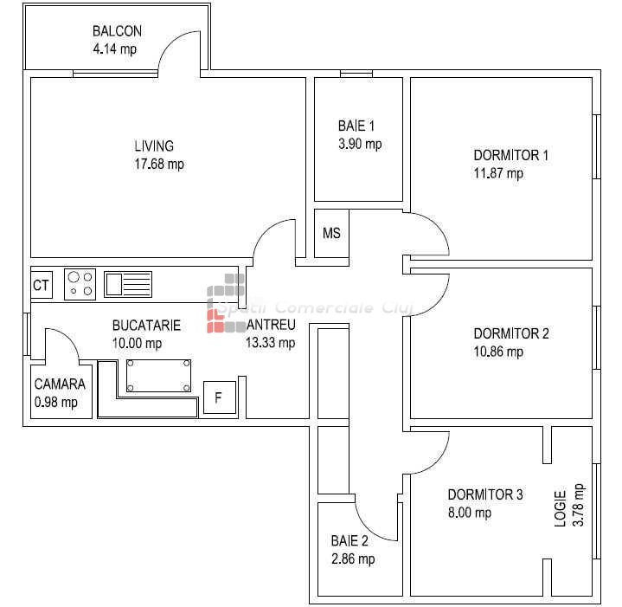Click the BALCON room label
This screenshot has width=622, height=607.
point(117,31)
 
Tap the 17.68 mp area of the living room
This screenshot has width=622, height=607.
point(159,164)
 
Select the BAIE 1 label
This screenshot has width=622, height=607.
point(356,126)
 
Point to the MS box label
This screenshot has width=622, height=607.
point(331,233)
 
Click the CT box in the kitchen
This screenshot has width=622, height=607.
point(42,285)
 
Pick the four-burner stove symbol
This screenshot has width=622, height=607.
point(80,284)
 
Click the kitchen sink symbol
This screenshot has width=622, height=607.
point(128,284)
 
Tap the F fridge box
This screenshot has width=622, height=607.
point(220,397)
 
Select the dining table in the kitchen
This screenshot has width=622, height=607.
point(158,376)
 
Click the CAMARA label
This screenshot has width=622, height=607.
point(60,384)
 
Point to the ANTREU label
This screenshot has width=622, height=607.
point(271,325)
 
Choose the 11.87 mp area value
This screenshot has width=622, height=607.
point(498,173)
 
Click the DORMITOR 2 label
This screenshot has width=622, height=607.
point(511,333)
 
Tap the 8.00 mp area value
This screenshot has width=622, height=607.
point(470,513)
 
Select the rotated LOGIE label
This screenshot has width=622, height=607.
point(560,509)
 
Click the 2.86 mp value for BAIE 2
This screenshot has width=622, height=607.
point(353,559)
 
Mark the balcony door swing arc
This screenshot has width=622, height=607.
point(170,43)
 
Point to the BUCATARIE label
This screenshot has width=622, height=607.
point(146,326)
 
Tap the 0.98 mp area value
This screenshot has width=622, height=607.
point(56,402)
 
